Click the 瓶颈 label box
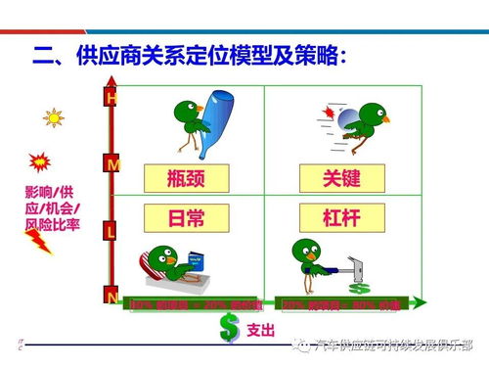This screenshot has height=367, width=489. click(x=186, y=178)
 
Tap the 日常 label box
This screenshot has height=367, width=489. click(x=186, y=217)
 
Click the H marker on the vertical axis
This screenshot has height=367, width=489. click(x=111, y=98)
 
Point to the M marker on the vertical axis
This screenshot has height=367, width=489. click(x=112, y=165)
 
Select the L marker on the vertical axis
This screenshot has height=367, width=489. click(x=111, y=232)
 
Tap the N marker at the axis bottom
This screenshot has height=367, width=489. click(x=112, y=297)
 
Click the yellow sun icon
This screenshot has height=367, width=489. click(x=53, y=118)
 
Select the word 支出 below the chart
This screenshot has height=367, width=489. click(x=261, y=329)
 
